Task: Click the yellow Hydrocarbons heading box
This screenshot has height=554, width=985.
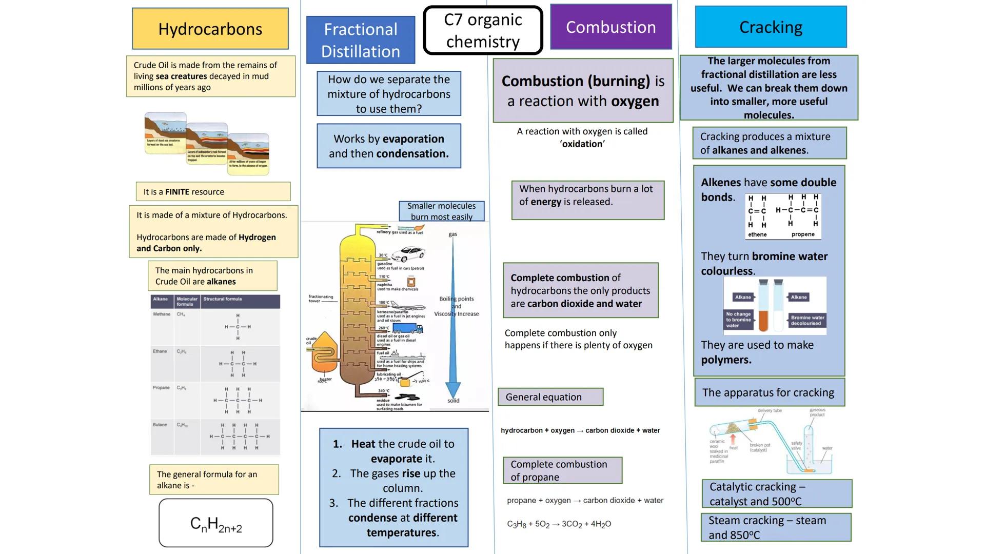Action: (210, 29)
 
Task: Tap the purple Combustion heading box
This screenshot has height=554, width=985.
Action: (610, 27)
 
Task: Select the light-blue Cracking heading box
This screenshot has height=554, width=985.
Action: (771, 27)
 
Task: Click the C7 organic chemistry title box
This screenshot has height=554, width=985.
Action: (483, 30)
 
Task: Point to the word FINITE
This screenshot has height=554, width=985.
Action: (177, 192)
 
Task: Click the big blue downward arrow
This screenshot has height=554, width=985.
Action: (452, 318)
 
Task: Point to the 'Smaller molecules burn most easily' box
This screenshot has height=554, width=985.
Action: (441, 211)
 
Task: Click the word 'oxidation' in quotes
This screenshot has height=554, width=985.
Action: (582, 144)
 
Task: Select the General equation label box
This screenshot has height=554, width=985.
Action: (550, 397)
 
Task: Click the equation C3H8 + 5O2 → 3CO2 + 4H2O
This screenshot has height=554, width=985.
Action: (559, 524)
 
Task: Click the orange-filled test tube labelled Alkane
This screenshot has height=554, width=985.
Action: (763, 308)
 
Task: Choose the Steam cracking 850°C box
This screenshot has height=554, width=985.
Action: (776, 527)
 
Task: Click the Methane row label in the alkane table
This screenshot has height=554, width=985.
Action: (162, 314)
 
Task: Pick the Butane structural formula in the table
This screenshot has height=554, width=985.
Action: (239, 437)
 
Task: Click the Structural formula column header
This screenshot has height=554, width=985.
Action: (223, 299)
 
